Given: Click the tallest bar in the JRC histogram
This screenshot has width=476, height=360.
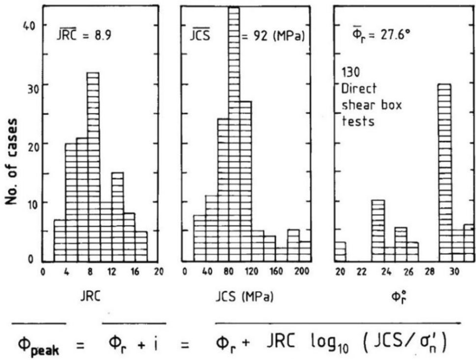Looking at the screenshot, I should (93, 167).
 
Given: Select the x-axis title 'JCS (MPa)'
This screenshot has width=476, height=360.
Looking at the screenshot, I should (245, 297).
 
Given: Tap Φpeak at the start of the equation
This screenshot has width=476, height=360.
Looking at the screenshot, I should (39, 341).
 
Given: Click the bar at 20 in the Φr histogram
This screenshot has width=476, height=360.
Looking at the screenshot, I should (341, 252).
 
